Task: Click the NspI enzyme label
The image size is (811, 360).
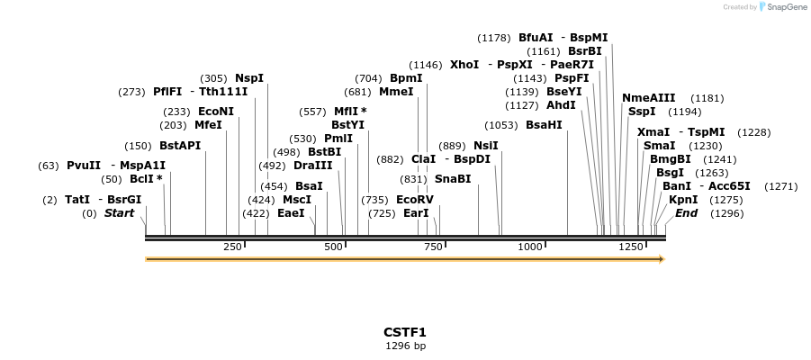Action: pyautogui.click(x=249, y=78)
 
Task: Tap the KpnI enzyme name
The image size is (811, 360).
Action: pyautogui.click(x=683, y=200)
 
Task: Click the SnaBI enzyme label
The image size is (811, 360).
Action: pyautogui.click(x=453, y=179)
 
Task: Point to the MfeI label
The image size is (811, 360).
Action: pyautogui.click(x=208, y=125)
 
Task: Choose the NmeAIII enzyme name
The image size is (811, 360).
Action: pyautogui.click(x=648, y=98)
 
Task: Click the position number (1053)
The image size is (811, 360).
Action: pyautogui.click(x=501, y=125)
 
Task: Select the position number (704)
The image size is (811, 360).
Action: pyautogui.click(x=368, y=78)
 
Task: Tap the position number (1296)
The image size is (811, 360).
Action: pyautogui.click(x=727, y=213)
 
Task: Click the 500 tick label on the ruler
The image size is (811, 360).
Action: pyautogui.click(x=333, y=247)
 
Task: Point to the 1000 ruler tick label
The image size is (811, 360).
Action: pyautogui.click(x=530, y=247)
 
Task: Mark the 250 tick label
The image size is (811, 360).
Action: pyautogui.click(x=231, y=247)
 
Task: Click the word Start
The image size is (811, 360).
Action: pyautogui.click(x=119, y=213)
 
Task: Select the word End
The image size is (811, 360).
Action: pyautogui.click(x=686, y=213)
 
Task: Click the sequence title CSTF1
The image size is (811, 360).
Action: pyautogui.click(x=405, y=332)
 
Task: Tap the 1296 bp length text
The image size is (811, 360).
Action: pyautogui.click(x=405, y=346)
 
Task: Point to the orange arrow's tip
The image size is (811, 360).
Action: pyautogui.click(x=663, y=259)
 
